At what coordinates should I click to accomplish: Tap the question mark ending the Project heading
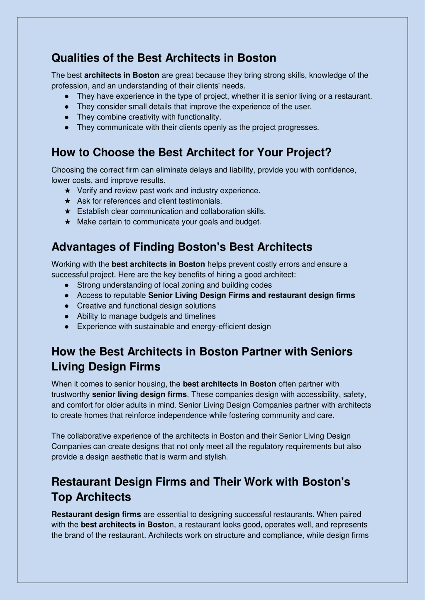tap(328, 152)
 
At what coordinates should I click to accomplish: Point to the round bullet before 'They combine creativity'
tap(67, 117)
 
